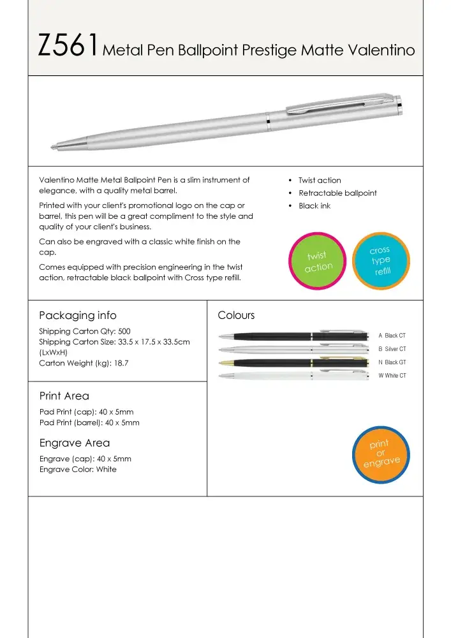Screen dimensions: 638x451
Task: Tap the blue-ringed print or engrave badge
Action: [x=380, y=453]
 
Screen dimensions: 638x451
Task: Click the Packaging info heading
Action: [x=77, y=315]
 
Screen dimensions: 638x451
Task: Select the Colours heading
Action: [x=236, y=315]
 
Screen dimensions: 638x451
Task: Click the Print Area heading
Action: [x=64, y=396]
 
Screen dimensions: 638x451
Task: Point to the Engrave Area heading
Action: [x=75, y=443]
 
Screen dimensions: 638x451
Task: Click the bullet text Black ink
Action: [x=314, y=206]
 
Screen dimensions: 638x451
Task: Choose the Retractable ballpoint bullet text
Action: [x=337, y=193]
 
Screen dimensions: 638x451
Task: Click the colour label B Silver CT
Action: [x=392, y=349]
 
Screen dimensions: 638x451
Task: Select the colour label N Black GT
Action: [x=392, y=362]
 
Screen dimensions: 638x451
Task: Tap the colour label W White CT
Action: [x=392, y=376]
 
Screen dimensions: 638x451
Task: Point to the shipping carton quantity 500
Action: [x=124, y=331]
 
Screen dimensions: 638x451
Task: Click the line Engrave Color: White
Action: [x=78, y=470]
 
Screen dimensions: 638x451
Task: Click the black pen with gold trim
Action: [x=293, y=362]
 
